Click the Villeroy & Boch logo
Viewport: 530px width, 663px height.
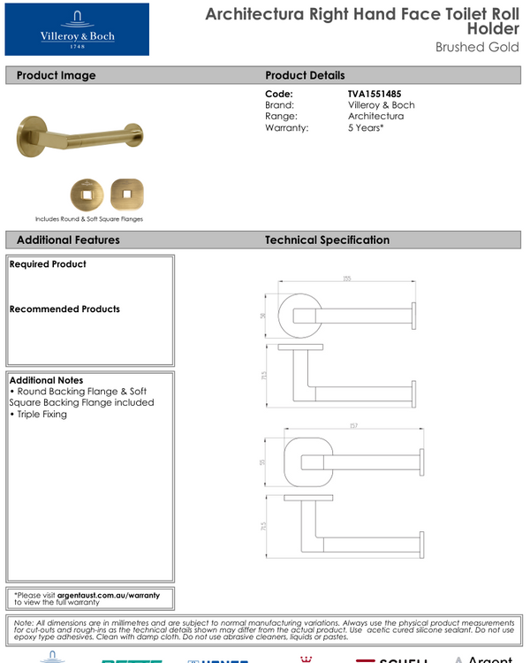(x=77, y=29)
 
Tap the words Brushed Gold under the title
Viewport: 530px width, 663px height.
(x=477, y=47)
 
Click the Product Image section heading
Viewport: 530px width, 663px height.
(x=56, y=75)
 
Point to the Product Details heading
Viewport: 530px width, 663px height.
(x=305, y=75)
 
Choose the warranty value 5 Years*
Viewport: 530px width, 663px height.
(x=366, y=128)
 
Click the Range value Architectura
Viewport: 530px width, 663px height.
(x=375, y=117)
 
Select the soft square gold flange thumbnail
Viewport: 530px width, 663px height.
(x=126, y=193)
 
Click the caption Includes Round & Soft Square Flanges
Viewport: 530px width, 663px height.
(x=88, y=218)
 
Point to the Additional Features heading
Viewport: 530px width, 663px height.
(x=68, y=240)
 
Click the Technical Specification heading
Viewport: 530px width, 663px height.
(x=327, y=240)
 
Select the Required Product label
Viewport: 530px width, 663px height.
(x=48, y=264)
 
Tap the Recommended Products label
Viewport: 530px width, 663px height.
(x=64, y=309)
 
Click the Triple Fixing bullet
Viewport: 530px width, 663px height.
(x=41, y=414)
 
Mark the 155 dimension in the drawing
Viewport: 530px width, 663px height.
(x=346, y=279)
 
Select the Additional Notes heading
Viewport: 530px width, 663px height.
(x=45, y=380)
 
